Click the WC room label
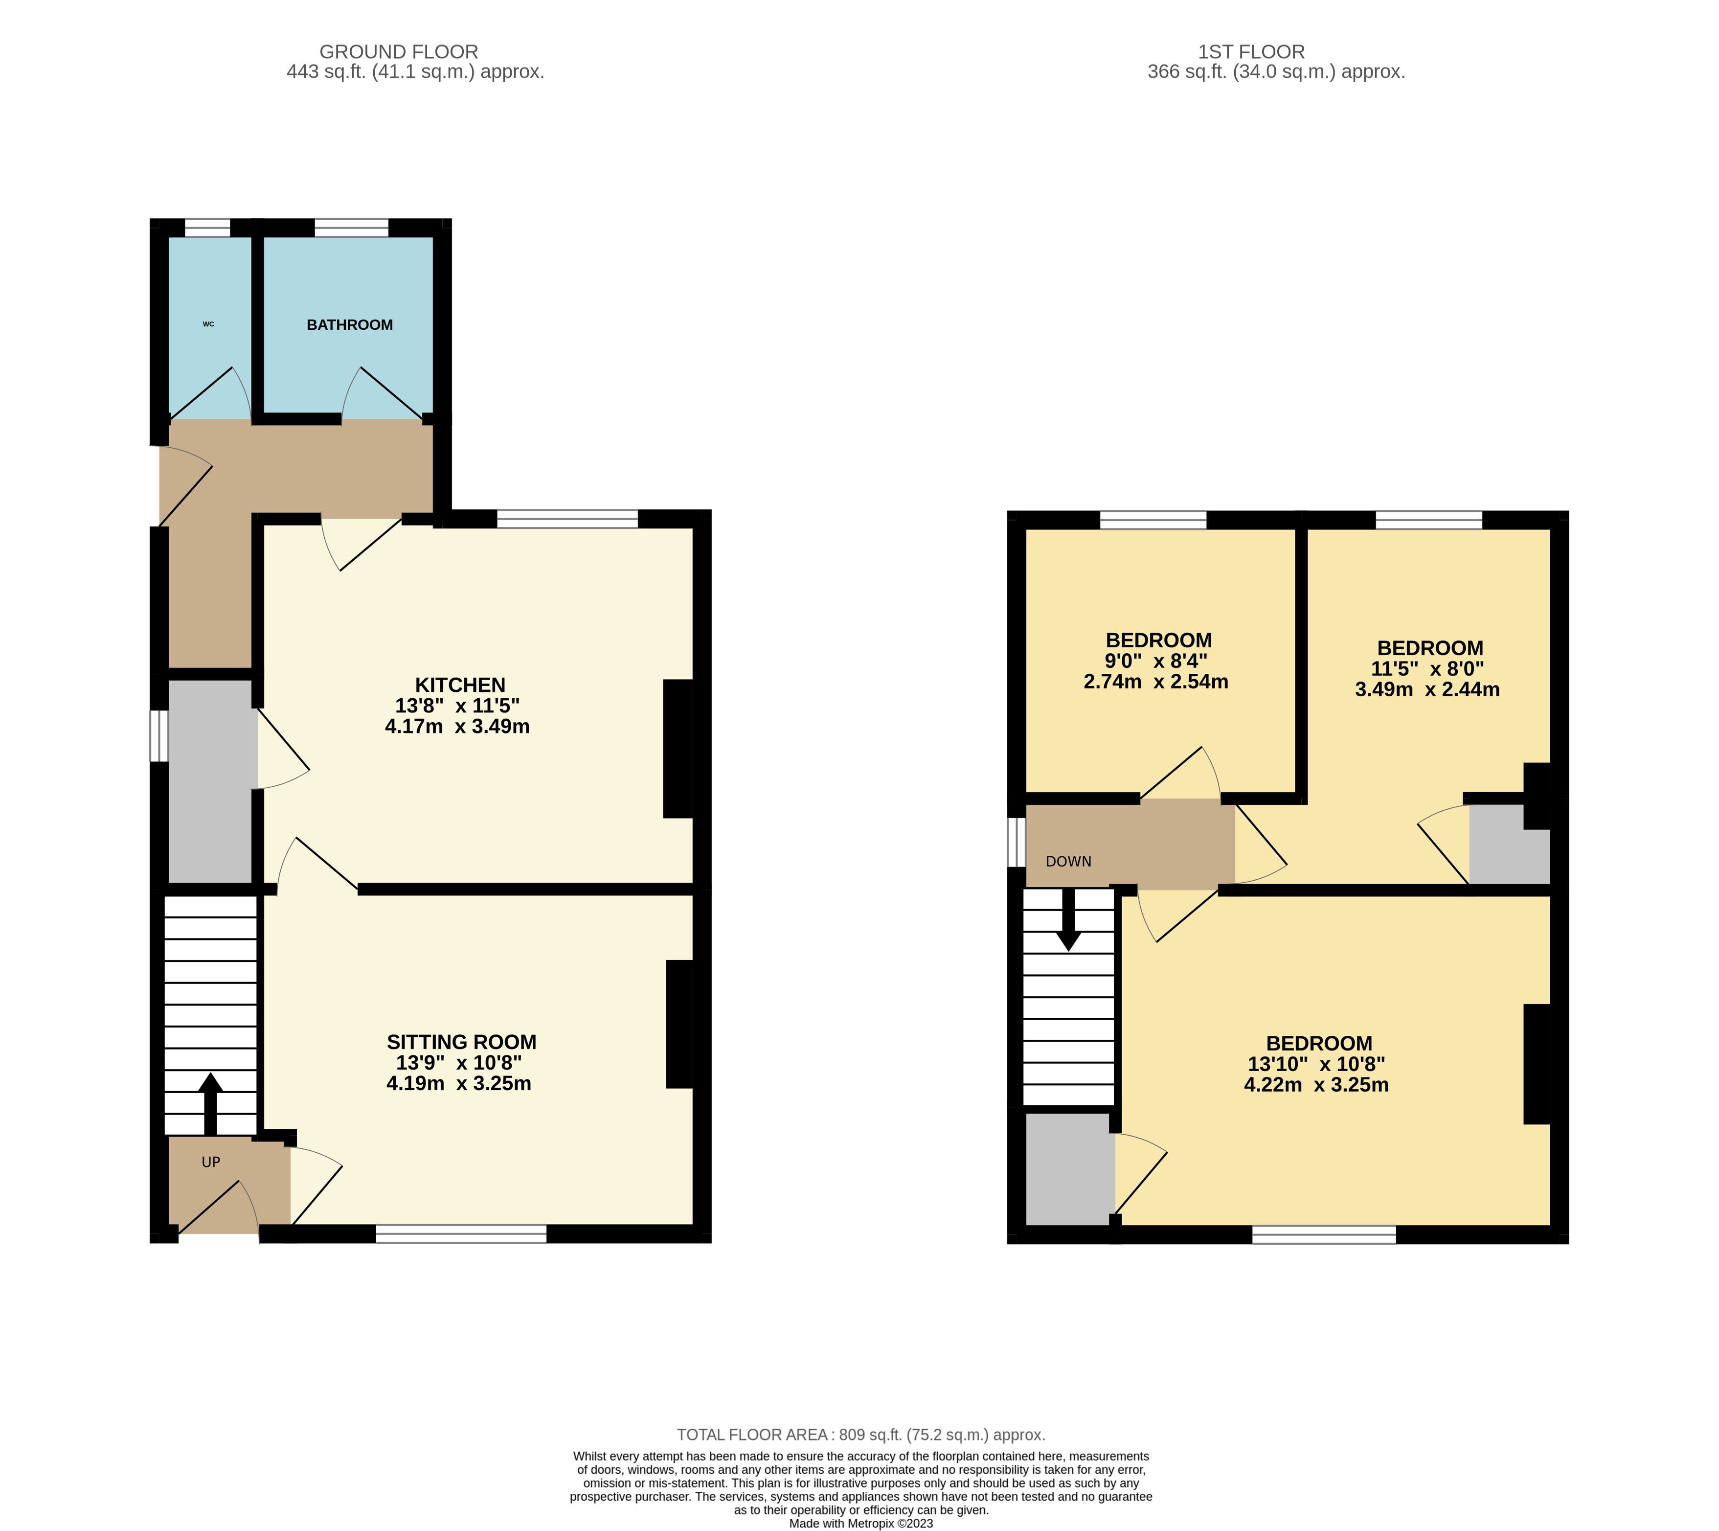point(208,324)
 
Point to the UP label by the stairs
point(211,1162)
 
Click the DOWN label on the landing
point(1068,861)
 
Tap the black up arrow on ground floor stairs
point(210,1104)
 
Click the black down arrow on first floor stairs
point(1069,919)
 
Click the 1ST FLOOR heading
point(1251,52)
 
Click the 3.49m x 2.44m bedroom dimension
point(1427,690)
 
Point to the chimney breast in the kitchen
point(679,748)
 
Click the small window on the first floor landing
point(1017,842)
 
